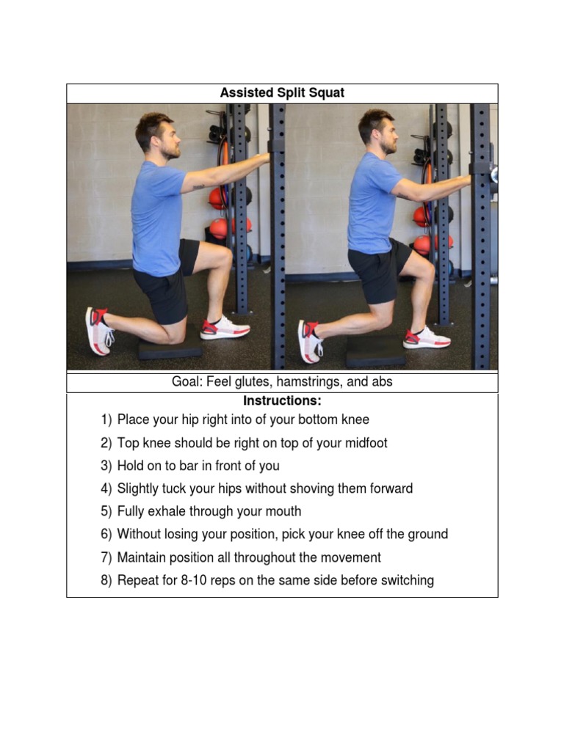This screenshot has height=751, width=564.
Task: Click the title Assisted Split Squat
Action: pyautogui.click(x=282, y=93)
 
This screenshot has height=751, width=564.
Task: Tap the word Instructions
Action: pyautogui.click(x=281, y=401)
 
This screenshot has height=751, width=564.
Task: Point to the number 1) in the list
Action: pyautogui.click(x=106, y=420)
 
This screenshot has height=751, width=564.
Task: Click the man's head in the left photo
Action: pyautogui.click(x=156, y=134)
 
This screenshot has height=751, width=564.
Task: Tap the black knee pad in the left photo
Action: pyautogui.click(x=170, y=349)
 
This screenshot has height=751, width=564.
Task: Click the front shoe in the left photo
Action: pyautogui.click(x=225, y=328)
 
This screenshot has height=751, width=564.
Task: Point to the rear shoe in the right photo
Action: pyautogui.click(x=308, y=340)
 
